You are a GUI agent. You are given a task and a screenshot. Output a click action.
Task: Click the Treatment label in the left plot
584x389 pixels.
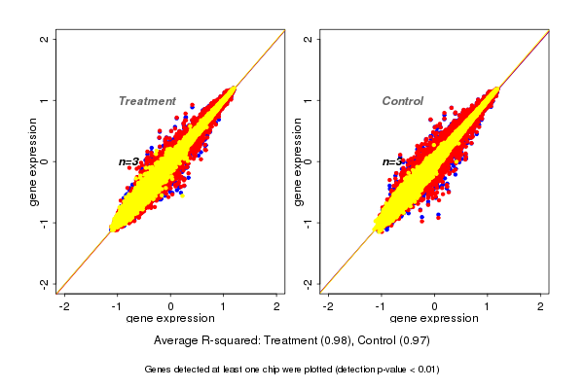click(x=147, y=101)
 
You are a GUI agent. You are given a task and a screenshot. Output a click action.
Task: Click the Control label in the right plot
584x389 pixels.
click(x=402, y=101)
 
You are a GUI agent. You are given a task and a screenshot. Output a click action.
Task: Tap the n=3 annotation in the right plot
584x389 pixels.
click(x=391, y=161)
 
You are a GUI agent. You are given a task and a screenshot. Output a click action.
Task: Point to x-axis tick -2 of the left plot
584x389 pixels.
click(x=65, y=306)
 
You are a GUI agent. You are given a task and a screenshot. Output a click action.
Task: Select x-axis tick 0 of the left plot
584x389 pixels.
click(x=171, y=306)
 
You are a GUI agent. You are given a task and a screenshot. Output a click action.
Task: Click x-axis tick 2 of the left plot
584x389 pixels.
click(x=277, y=306)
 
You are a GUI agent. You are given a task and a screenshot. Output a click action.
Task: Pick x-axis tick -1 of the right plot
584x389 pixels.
click(x=382, y=306)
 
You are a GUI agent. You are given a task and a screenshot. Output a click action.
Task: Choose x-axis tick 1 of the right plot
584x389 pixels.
click(x=488, y=306)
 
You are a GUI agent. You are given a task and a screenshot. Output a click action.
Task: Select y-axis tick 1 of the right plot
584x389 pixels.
click(x=309, y=100)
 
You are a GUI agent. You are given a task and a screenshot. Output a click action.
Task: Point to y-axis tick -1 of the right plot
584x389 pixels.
click(x=309, y=222)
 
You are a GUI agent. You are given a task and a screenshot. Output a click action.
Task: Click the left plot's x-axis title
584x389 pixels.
click(x=170, y=319)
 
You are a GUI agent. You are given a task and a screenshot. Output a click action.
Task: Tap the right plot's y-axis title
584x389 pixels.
click(x=295, y=161)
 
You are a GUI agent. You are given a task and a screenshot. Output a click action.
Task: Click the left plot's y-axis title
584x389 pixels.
click(x=33, y=161)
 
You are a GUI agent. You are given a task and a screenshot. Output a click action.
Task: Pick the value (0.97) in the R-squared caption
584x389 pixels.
click(x=416, y=340)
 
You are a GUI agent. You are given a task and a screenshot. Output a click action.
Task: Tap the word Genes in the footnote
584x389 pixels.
click(x=159, y=370)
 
